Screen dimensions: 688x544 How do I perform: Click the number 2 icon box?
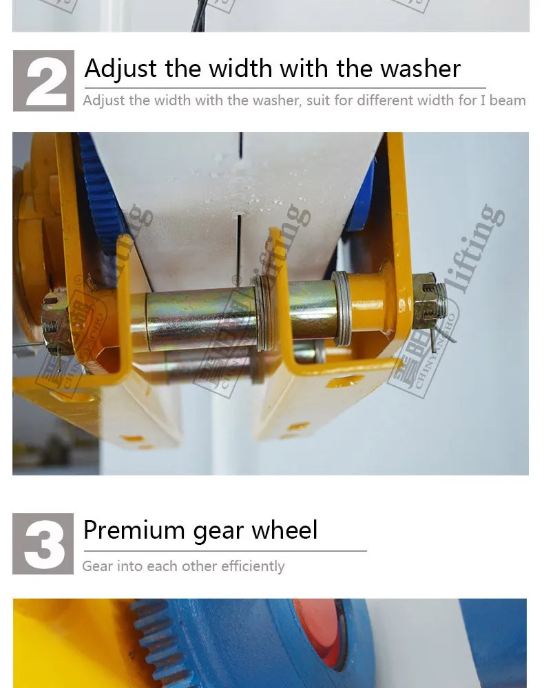[43, 80]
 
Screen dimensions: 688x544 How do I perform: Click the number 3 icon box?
[43, 544]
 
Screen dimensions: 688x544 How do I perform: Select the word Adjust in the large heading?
[121, 69]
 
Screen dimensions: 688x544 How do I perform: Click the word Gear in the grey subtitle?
[96, 566]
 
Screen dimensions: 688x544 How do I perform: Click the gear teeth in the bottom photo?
[148, 640]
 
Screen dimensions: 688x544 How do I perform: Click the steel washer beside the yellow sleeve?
[342, 307]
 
